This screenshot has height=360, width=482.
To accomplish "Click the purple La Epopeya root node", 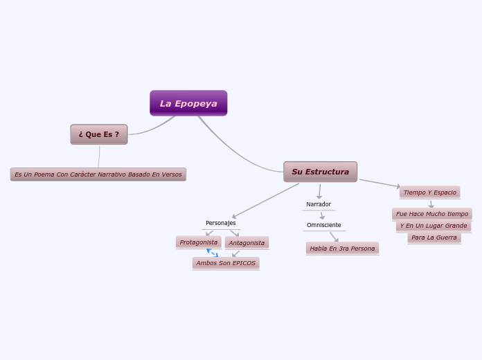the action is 188,103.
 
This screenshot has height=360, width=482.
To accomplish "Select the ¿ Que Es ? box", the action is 99,134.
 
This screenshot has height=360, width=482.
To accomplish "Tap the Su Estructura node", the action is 320,172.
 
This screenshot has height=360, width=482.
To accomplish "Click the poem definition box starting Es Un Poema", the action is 98,174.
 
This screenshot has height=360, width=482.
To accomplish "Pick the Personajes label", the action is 220,223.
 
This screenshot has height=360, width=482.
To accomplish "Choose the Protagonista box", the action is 198,242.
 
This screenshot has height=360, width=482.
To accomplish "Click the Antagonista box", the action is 247,243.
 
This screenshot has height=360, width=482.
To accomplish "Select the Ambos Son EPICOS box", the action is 226,263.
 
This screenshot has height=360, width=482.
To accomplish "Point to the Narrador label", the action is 319,204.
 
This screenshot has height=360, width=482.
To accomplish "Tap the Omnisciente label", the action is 323,225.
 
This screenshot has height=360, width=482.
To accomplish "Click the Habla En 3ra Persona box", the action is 342,248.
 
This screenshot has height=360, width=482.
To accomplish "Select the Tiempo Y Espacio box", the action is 429,192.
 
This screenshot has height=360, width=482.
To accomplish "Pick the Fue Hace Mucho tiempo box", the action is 431,214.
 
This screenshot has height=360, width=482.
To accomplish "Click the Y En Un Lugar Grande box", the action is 434,226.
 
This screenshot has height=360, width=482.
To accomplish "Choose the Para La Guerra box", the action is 434,237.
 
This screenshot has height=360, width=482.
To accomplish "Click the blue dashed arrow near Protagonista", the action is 212,253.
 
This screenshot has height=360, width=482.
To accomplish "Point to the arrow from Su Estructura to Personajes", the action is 266,201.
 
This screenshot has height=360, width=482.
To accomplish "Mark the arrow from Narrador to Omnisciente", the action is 322,215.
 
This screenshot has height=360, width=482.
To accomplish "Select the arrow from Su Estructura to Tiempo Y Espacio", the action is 380,183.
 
